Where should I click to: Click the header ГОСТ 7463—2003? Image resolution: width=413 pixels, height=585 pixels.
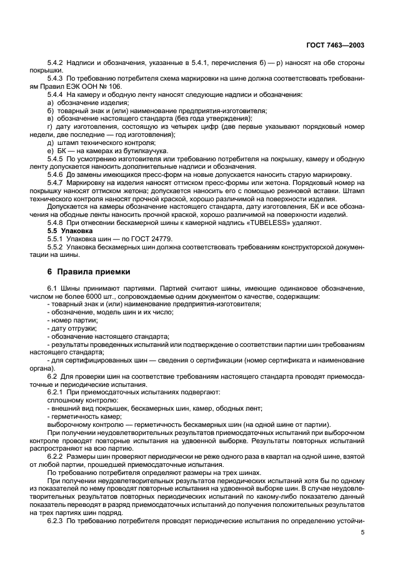(x=336, y=46)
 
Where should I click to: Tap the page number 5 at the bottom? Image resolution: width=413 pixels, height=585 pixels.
(x=362, y=532)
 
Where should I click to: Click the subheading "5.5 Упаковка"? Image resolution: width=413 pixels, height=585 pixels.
(x=68, y=231)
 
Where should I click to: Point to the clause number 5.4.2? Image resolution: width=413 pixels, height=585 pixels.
(x=57, y=63)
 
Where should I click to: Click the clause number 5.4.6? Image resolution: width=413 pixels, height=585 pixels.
(x=57, y=174)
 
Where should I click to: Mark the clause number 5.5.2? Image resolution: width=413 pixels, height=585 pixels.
(x=57, y=247)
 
